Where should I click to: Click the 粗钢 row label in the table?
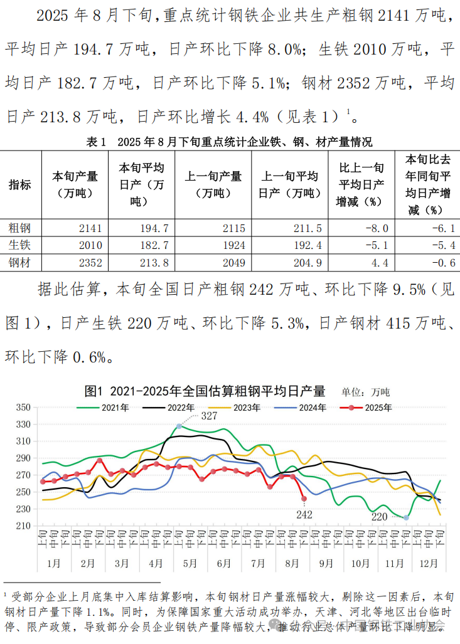coord(19,228)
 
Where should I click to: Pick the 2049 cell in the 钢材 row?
coord(233,263)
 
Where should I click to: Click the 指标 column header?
coord(19,184)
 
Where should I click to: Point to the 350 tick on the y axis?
coord(23,408)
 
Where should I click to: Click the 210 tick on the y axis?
coord(23,525)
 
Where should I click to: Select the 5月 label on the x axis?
coord(189,563)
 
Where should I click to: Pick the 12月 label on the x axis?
coord(427,563)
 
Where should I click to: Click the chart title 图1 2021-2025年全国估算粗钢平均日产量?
coord(206,392)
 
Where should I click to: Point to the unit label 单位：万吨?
coord(366,393)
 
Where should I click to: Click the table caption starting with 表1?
coord(229,142)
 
